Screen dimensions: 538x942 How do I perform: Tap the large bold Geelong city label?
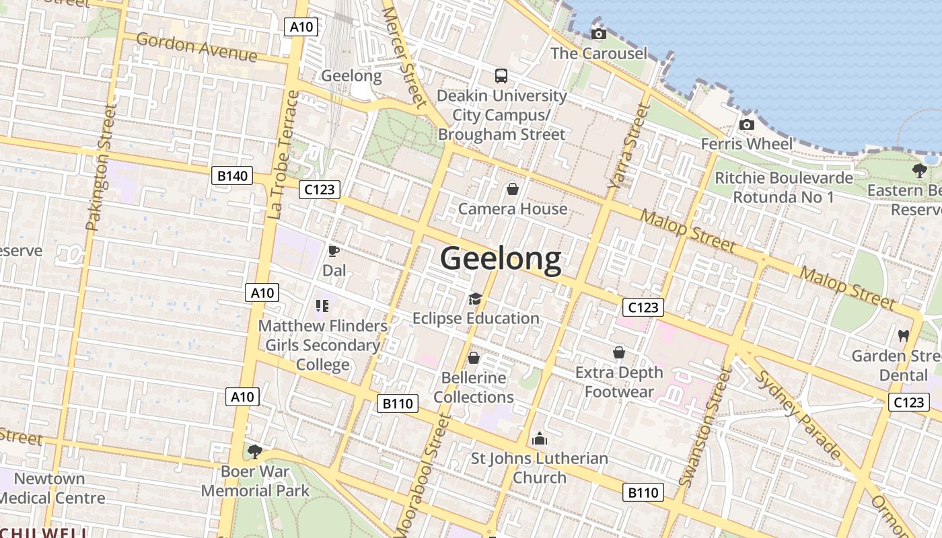point(501,259)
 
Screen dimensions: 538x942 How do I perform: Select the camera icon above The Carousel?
point(598,34)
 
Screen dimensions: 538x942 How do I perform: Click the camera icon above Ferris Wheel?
point(746,124)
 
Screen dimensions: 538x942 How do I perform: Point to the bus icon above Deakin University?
point(501,76)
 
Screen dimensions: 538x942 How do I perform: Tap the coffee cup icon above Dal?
point(333,252)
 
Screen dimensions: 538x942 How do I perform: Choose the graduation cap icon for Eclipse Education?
point(475,299)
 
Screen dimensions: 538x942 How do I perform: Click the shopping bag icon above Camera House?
point(512,189)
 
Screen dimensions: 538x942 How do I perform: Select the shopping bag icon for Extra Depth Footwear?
point(618,352)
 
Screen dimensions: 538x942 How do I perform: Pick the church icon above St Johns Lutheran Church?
point(539,439)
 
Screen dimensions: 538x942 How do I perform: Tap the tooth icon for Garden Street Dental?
point(903,335)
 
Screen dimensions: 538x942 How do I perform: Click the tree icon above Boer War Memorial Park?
point(254,451)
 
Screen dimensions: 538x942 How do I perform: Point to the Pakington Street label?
point(100,168)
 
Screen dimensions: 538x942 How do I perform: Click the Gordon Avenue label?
point(196,46)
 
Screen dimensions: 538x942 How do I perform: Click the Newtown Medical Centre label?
point(52,488)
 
